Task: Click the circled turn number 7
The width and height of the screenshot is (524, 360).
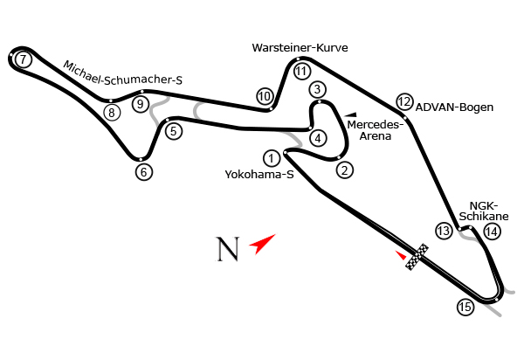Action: (x=24, y=59)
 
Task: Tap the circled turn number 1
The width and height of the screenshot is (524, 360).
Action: (x=272, y=158)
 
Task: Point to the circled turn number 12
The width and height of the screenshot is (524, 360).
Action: (x=403, y=101)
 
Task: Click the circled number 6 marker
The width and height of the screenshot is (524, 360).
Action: (x=144, y=172)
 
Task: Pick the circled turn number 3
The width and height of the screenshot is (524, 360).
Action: (x=317, y=89)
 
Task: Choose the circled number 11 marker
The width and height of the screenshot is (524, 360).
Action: (x=302, y=72)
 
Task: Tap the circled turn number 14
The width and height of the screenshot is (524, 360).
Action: (x=493, y=232)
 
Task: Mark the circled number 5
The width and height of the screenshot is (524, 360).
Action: (x=173, y=132)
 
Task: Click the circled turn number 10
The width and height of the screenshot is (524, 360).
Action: (x=265, y=96)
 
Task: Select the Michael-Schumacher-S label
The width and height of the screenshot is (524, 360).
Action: (x=123, y=73)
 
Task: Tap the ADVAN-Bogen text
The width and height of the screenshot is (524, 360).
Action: (x=454, y=107)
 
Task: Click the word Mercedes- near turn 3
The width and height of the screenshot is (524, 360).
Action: (x=375, y=124)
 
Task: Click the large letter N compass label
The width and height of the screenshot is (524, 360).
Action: (x=227, y=249)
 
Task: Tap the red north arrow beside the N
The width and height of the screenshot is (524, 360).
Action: (x=263, y=242)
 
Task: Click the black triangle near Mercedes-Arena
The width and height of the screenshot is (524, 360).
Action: (x=351, y=114)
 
